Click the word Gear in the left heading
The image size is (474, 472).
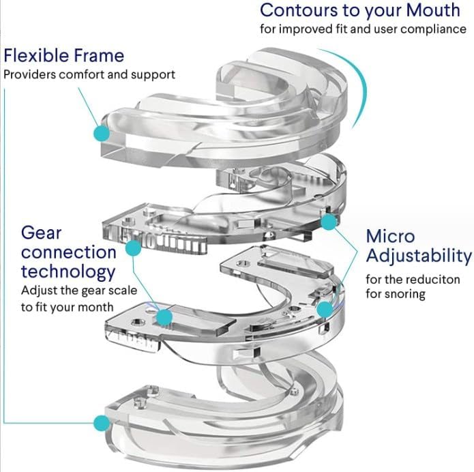[x=42, y=233]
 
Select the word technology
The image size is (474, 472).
[x=68, y=272]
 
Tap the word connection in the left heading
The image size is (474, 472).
[x=69, y=252]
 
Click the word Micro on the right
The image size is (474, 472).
[x=391, y=236]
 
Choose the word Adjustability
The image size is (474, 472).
[x=419, y=256]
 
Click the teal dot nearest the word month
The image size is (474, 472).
[x=164, y=316]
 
